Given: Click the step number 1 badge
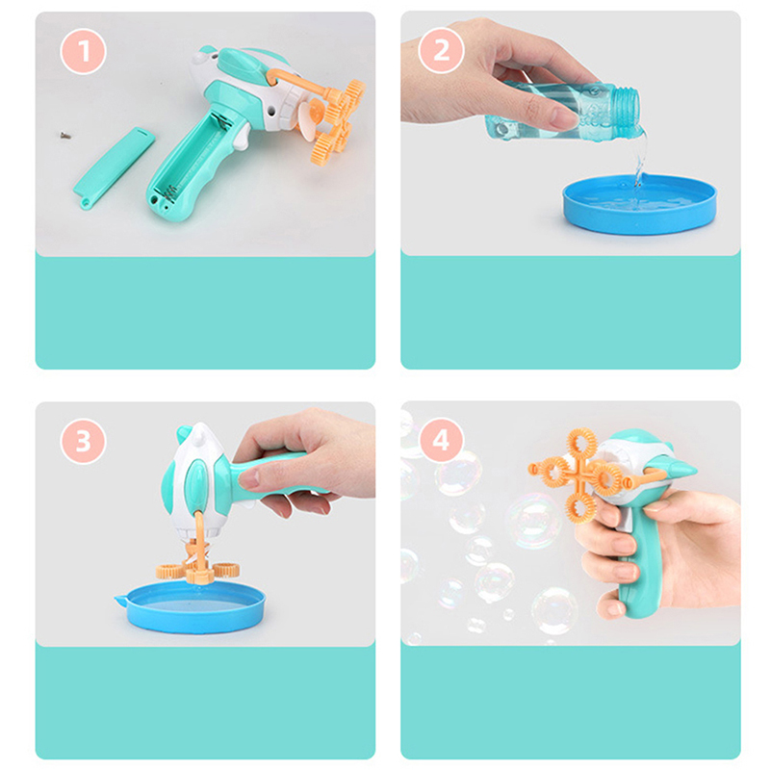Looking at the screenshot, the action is [83, 51].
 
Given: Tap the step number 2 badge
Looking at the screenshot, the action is [441, 51].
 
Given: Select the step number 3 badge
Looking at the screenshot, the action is [83, 441].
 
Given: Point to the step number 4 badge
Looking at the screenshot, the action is [441, 440].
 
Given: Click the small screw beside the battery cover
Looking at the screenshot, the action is [64, 135].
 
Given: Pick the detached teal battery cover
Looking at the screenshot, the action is [114, 167].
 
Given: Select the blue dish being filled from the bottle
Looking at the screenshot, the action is [639, 203].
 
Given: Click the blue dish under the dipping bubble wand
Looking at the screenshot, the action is [193, 607].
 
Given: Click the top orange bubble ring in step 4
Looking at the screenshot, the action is [582, 445].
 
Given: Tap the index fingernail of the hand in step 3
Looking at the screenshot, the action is [248, 478].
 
